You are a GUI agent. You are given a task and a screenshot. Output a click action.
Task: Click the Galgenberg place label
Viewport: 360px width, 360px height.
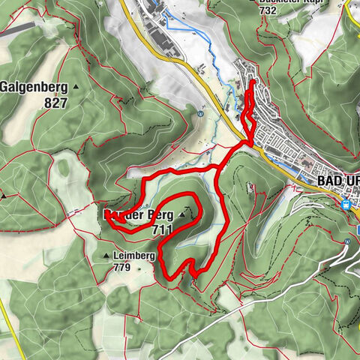(x=34, y=86)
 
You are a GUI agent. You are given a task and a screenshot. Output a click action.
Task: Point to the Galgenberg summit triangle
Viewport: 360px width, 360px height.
(x=77, y=87)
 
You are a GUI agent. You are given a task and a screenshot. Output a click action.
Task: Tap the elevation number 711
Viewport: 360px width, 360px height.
(x=163, y=229)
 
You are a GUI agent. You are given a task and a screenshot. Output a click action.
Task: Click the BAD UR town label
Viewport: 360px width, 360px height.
(x=338, y=181)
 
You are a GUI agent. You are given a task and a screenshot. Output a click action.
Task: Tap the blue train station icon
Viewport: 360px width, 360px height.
(x=346, y=204)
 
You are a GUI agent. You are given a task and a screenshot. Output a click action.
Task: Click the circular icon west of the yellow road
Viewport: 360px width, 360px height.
(x=202, y=114)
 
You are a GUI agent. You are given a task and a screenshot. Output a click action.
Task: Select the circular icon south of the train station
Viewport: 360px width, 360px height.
(x=349, y=241)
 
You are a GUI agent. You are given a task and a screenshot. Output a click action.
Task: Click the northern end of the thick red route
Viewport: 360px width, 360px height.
(x=251, y=81)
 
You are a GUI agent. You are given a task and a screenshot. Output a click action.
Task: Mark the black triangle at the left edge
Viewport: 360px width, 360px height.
(x=4, y=196)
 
